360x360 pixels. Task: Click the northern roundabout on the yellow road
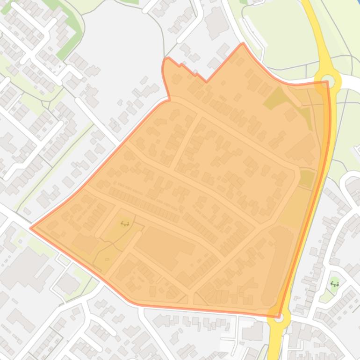click(x=328, y=80)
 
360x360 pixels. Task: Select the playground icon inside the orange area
click(x=125, y=223)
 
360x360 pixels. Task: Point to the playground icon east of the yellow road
click(x=334, y=283)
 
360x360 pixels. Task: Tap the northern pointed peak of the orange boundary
click(x=243, y=44)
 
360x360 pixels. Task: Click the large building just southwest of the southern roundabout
click(x=253, y=332)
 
